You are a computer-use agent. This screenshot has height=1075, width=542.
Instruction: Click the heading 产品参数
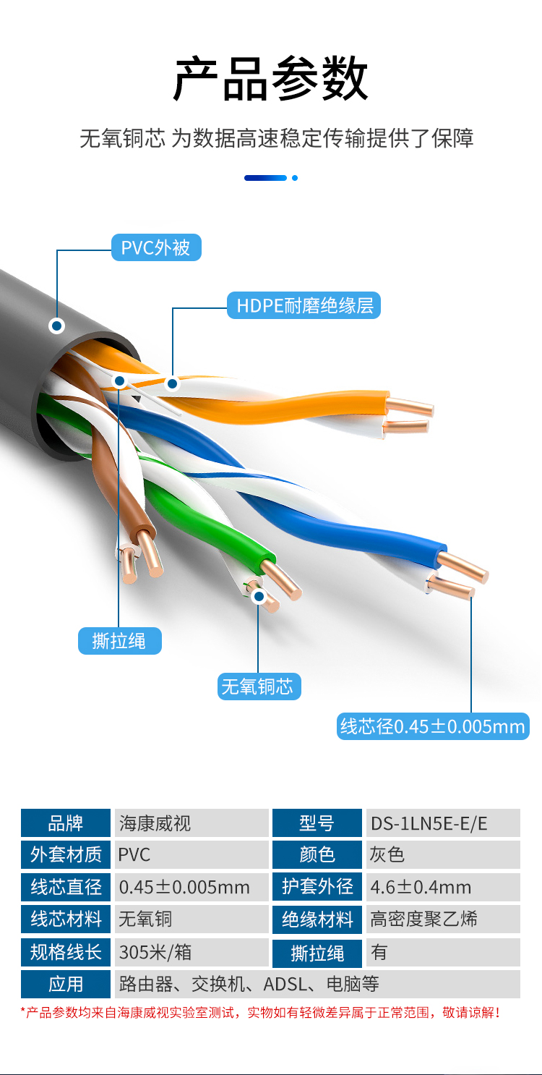271,78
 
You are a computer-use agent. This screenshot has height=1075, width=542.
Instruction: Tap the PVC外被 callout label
156,247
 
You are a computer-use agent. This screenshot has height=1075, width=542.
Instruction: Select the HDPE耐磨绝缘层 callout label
304,305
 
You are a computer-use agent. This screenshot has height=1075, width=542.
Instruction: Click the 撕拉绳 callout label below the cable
120,641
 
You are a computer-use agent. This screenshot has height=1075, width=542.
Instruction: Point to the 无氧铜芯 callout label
259,687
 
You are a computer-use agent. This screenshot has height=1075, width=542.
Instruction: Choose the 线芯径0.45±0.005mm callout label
433,726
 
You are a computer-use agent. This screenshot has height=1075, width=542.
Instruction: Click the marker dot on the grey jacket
56,326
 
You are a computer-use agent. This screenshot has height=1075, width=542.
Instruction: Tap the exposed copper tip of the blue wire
462,567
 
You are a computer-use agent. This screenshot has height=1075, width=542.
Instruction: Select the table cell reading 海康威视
192,823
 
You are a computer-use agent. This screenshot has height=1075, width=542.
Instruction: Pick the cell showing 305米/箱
192,952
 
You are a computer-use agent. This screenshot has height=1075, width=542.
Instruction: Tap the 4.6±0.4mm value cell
443,887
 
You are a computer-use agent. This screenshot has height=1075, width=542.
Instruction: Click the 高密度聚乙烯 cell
443,919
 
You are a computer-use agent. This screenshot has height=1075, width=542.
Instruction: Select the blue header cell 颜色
317,855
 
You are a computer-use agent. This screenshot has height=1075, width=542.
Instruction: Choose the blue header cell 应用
66,984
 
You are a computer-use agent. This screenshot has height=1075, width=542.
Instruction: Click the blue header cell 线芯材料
66,919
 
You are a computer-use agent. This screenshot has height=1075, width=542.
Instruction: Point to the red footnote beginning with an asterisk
261,1013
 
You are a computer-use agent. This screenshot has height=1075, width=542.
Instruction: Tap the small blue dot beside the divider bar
295,178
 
